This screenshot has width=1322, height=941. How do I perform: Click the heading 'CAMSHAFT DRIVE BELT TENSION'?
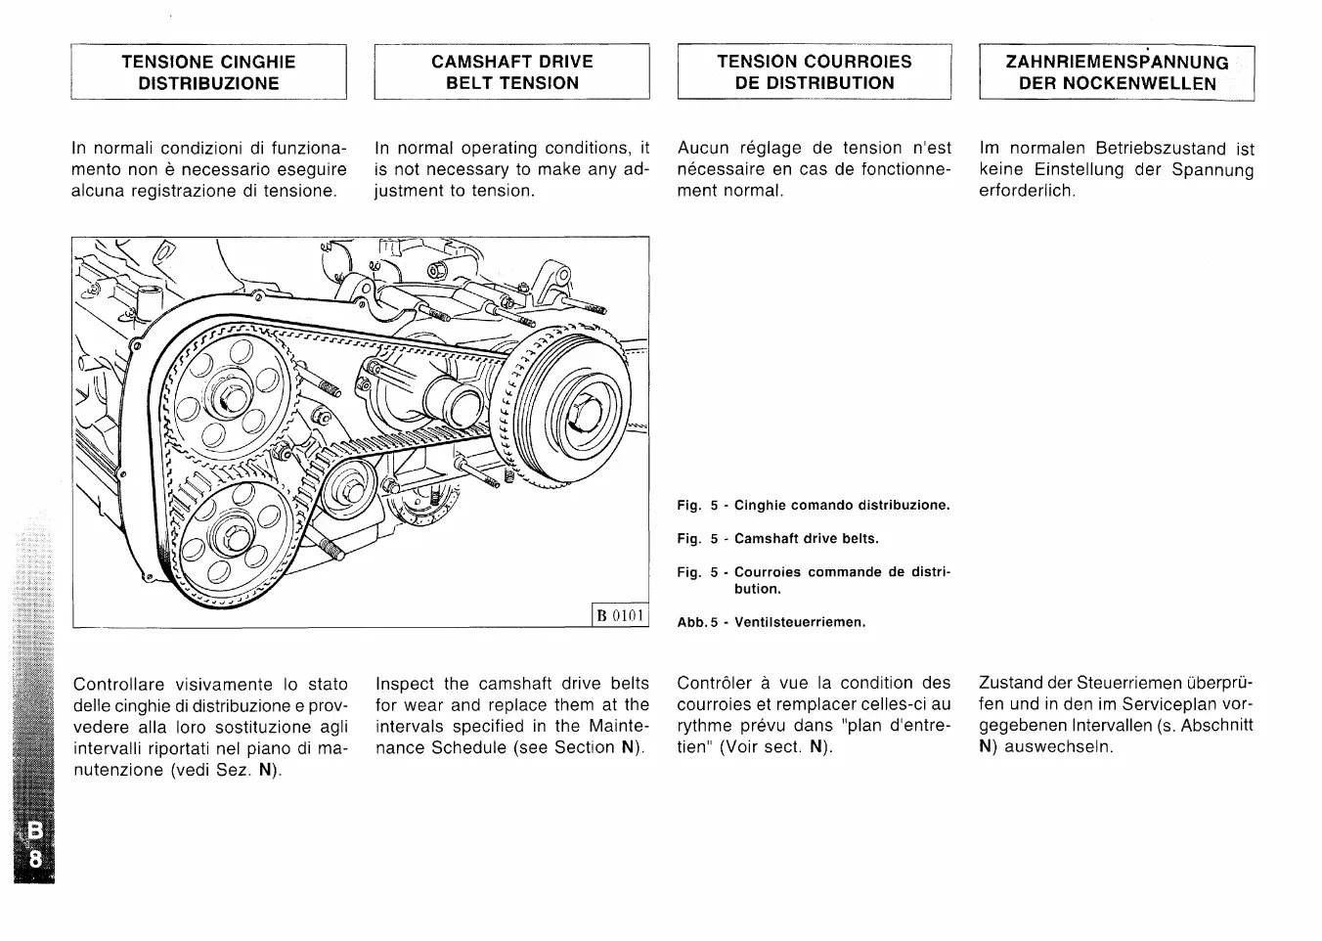(511, 72)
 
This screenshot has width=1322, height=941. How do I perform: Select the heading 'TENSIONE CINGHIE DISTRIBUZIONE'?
(208, 72)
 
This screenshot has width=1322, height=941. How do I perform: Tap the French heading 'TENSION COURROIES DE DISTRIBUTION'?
(814, 72)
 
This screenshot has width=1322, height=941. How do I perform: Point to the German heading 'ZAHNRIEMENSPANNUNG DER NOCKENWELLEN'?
(1117, 72)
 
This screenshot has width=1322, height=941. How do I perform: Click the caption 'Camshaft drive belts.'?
(806, 539)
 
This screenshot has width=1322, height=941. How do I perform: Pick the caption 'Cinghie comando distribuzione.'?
(842, 506)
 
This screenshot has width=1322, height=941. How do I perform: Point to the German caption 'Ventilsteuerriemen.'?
(800, 622)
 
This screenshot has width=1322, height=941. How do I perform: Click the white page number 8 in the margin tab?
(35, 859)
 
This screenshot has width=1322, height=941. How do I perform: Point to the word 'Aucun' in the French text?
(703, 149)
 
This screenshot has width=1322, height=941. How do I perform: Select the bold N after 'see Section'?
(627, 748)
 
